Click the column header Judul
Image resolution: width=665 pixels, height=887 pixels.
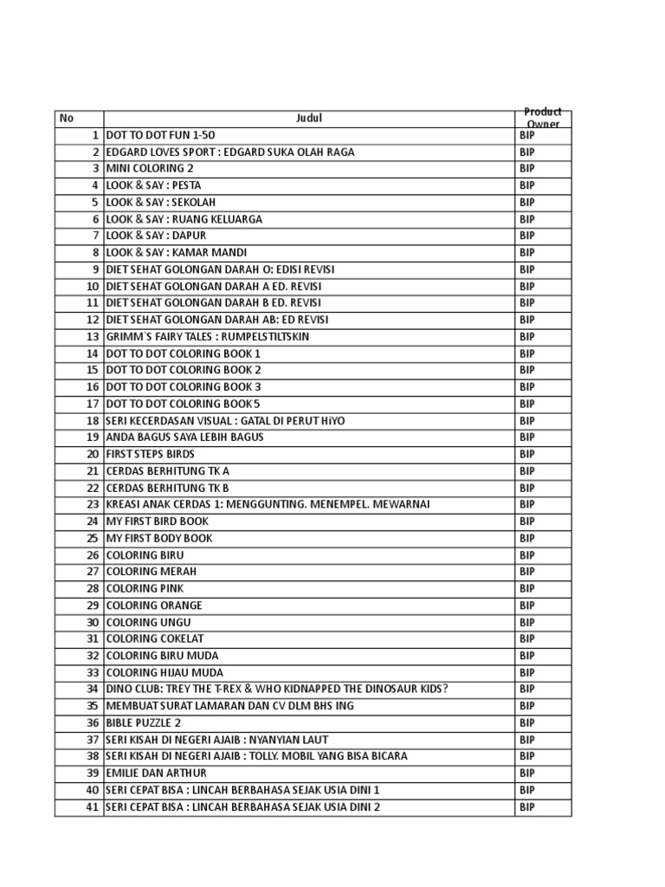click(x=308, y=119)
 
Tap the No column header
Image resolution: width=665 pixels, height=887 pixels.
click(x=67, y=119)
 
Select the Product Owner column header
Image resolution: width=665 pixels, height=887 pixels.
click(x=543, y=119)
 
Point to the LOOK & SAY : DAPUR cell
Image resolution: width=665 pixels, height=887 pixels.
click(x=156, y=236)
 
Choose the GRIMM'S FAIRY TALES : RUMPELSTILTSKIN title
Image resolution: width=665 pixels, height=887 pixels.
click(x=207, y=337)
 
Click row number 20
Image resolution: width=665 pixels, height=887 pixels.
click(x=93, y=454)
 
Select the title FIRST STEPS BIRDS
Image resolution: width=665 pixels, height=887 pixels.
click(x=150, y=454)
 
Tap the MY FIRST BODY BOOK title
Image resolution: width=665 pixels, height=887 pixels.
click(x=158, y=538)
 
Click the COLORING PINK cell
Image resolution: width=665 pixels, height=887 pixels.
click(x=145, y=589)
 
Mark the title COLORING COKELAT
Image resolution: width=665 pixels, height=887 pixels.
click(x=154, y=639)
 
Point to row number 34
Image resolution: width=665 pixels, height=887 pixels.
click(x=93, y=690)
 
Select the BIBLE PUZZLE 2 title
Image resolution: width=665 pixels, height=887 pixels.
click(x=144, y=723)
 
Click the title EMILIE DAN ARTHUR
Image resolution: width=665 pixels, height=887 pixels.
click(x=156, y=774)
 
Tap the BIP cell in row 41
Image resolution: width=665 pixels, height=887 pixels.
click(x=527, y=807)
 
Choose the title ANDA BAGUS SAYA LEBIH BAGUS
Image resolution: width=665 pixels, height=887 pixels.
click(x=184, y=437)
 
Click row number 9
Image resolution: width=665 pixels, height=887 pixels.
click(x=95, y=269)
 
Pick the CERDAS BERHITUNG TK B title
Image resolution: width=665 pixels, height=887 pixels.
click(x=167, y=488)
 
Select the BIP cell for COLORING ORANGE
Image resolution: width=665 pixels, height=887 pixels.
click(x=527, y=605)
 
